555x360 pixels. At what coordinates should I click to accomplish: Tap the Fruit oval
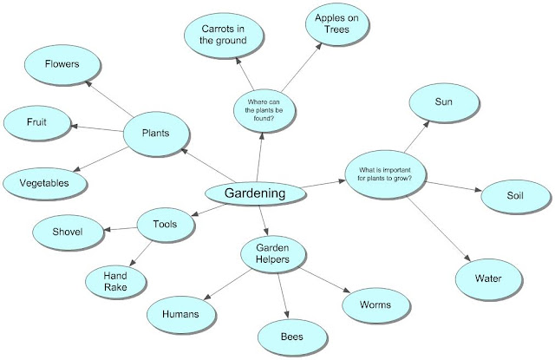(37, 122)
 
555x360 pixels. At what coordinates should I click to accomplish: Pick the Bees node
(291, 335)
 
